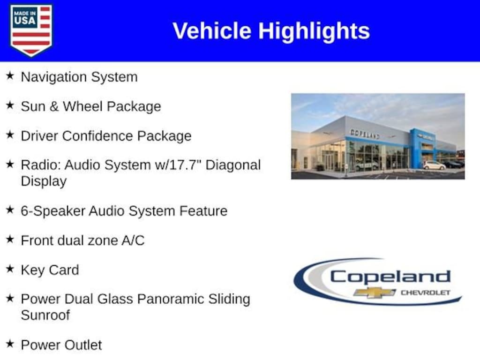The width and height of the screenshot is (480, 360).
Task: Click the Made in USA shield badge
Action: pyautogui.click(x=31, y=30)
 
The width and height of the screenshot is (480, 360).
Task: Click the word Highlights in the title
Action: pyautogui.click(x=314, y=31)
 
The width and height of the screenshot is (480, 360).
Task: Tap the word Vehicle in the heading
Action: pyautogui.click(x=212, y=30)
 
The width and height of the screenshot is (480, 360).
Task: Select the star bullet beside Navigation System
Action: pyautogui.click(x=10, y=75)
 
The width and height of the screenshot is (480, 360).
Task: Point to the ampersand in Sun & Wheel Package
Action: pyautogui.click(x=54, y=106)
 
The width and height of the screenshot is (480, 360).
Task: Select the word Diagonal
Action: pyautogui.click(x=233, y=165)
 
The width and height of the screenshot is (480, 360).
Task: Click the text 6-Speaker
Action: pyautogui.click(x=53, y=211)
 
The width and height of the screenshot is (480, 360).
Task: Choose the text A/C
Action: pyautogui.click(x=133, y=240)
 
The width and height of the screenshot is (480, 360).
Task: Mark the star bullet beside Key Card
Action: pyautogui.click(x=10, y=269)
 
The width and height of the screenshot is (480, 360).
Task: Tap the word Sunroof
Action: pyautogui.click(x=45, y=315)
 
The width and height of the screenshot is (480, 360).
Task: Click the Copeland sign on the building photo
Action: pyautogui.click(x=365, y=134)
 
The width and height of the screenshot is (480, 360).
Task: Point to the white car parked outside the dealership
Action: pyautogui.click(x=434, y=165)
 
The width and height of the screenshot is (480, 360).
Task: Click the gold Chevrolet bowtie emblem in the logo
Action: pyautogui.click(x=374, y=292)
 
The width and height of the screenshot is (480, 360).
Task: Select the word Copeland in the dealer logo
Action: pyautogui.click(x=390, y=277)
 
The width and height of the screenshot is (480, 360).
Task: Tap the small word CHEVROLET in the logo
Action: pyautogui.click(x=426, y=292)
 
